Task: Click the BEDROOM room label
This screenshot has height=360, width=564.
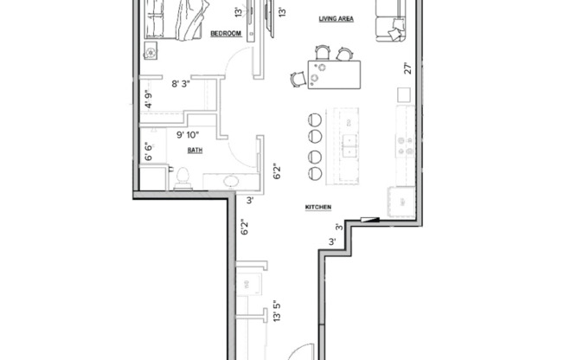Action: point(226,33)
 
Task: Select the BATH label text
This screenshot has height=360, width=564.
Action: point(195,150)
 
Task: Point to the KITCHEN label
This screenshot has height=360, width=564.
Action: point(318,207)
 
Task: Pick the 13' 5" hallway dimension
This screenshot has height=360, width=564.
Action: point(276,312)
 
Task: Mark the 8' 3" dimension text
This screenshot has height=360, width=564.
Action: point(181,84)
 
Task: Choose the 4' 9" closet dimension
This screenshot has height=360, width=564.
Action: point(148,99)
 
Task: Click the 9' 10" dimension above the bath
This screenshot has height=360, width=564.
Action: point(187,134)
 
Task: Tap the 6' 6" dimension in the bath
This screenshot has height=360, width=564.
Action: point(147,153)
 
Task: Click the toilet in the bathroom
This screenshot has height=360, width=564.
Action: point(183,177)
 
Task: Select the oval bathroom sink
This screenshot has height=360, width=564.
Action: point(232,181)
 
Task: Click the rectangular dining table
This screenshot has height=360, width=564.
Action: point(334,75)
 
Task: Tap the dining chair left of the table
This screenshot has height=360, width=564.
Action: point(298,79)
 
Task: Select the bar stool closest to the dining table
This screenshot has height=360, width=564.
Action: point(315,119)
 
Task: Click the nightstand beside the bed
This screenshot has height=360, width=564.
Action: point(151,52)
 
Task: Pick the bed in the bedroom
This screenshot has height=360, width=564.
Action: point(177,17)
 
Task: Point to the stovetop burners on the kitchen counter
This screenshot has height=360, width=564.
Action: point(404,145)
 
